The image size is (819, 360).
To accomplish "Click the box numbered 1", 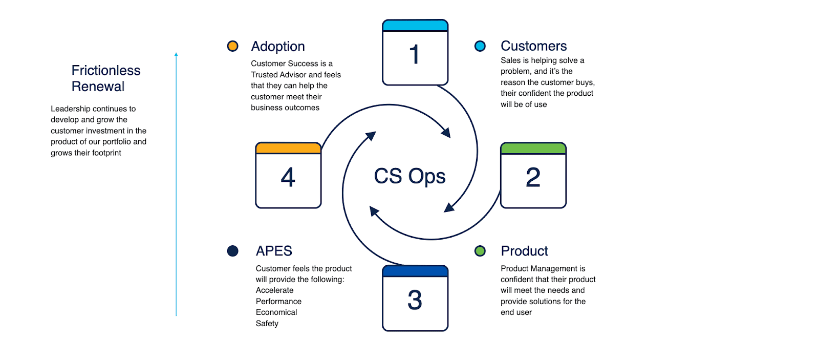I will pyautogui.click(x=415, y=53).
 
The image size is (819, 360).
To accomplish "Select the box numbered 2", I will pyautogui.click(x=533, y=176).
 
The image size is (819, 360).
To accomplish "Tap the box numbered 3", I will pyautogui.click(x=415, y=299).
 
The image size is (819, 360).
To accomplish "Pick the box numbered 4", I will pyautogui.click(x=288, y=176).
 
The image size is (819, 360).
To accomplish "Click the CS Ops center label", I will pyautogui.click(x=409, y=176).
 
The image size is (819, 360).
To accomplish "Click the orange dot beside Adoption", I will pyautogui.click(x=232, y=46).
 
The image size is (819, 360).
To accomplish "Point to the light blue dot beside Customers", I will pyautogui.click(x=480, y=46).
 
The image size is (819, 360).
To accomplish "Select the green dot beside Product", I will pyautogui.click(x=480, y=251).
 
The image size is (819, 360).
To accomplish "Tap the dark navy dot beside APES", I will pyautogui.click(x=232, y=251).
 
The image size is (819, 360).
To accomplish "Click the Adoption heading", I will pyautogui.click(x=278, y=47).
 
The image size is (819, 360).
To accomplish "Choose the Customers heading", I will pyautogui.click(x=533, y=46).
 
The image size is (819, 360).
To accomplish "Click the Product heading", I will pyautogui.click(x=524, y=251).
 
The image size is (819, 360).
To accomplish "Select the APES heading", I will pyautogui.click(x=274, y=251).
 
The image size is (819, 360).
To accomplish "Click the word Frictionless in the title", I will pyautogui.click(x=106, y=70).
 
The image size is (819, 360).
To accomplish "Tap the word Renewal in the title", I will pyautogui.click(x=98, y=87).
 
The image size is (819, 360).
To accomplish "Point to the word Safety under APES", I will pyautogui.click(x=267, y=324).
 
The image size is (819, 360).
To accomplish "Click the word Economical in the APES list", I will pyautogui.click(x=276, y=312).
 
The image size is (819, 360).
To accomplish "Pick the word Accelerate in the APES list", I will pyautogui.click(x=275, y=290).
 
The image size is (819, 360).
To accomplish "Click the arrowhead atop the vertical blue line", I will pyautogui.click(x=176, y=54).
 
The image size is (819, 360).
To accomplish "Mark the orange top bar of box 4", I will pyautogui.click(x=288, y=148).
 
